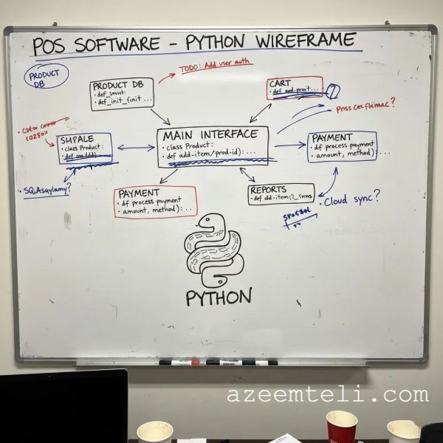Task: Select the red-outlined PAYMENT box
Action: pyautogui.click(x=156, y=202)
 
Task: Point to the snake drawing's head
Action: pyautogui.click(x=211, y=221)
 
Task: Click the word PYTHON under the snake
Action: pyautogui.click(x=219, y=298)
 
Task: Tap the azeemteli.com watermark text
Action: pyautogui.click(x=327, y=394)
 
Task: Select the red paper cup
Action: pyautogui.click(x=341, y=426)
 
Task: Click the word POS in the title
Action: pyautogui.click(x=50, y=46)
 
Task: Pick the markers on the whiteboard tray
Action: pyautogui.click(x=218, y=363)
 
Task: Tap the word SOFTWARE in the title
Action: pyautogui.click(x=123, y=44)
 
